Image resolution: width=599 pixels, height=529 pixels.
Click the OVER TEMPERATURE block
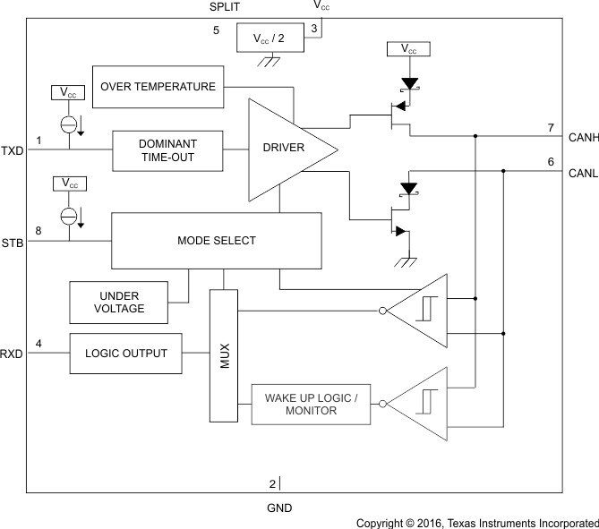158,87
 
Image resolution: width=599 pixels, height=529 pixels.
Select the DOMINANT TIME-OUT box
167,149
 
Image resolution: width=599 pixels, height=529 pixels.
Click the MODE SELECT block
216,241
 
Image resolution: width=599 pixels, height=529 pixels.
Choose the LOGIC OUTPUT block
125,354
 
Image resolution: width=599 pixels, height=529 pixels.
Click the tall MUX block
225,354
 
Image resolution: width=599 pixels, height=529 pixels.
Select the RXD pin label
12,354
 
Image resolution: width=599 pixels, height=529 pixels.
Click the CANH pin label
583,138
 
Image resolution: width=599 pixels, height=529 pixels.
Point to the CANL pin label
583,174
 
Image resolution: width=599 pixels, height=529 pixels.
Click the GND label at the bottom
279,508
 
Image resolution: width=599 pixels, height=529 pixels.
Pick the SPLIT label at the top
225,6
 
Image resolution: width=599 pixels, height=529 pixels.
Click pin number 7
552,128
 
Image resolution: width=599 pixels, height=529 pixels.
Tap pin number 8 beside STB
39,231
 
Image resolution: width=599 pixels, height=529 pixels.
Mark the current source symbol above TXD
68,124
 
